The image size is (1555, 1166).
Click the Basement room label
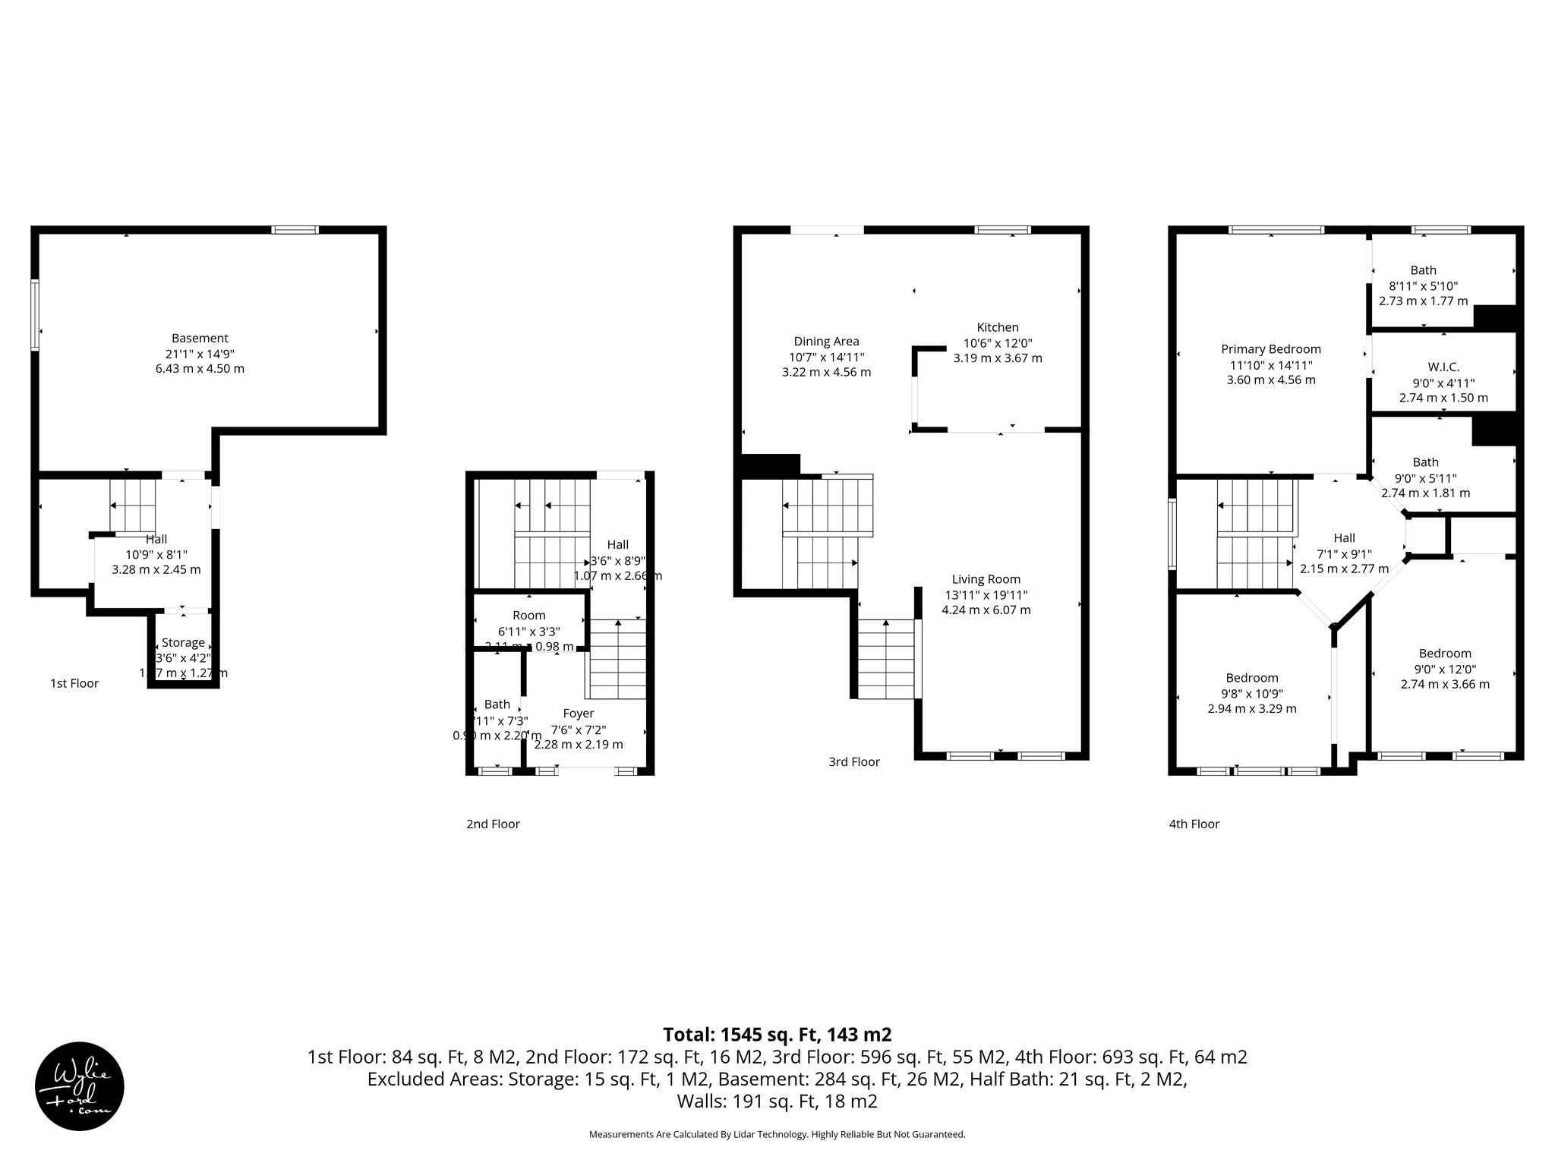coord(200,339)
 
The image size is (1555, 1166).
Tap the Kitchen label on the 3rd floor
coord(998,327)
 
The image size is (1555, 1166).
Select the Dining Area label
coord(826,342)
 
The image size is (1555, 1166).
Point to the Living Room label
coord(986,579)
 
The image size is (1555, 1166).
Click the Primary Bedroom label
coord(1271,349)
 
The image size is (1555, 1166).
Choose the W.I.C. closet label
coord(1443,367)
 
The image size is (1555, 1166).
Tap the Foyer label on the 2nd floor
coord(578,714)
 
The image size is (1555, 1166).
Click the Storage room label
coord(183,642)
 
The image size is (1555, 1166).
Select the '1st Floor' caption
coord(74,683)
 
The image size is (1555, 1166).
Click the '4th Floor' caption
coord(1194,824)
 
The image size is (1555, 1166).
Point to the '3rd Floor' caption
coord(854,761)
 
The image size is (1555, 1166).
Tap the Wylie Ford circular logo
coord(80,1086)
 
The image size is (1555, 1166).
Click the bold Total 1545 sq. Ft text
coord(777,1035)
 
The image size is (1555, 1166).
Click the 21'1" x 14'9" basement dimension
coord(200,354)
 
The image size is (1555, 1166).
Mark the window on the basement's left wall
coord(35,315)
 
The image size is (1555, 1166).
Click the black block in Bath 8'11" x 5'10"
coord(1494,317)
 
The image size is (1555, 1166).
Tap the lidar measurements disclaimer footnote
coord(777,1135)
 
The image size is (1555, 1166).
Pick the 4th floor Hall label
coord(1344,538)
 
